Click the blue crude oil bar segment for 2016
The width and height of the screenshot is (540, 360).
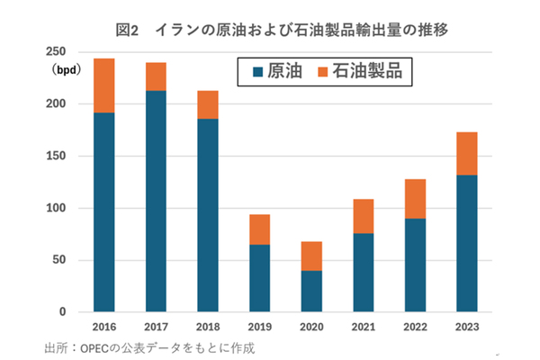point(104,212)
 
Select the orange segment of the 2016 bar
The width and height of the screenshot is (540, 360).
point(104,85)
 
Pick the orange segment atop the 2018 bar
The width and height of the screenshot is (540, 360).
point(208,104)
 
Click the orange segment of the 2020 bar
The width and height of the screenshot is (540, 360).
point(311,256)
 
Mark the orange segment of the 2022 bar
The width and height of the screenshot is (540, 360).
point(415,199)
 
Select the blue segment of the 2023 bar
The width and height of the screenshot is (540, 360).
point(467,243)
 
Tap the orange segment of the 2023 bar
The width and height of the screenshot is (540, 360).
point(467,154)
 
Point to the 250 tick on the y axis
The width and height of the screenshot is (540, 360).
point(57,52)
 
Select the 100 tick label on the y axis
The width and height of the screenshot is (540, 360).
point(57,209)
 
